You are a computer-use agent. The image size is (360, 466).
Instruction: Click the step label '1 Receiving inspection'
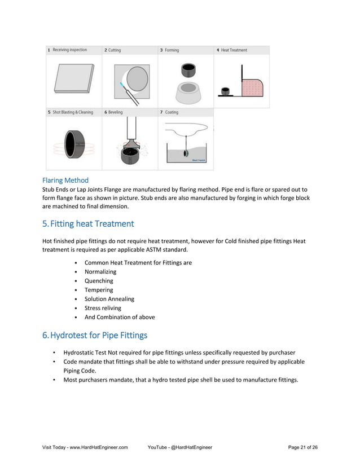67,50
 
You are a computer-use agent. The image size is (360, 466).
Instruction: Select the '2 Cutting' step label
112,50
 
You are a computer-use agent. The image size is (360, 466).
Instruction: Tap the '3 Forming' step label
169,50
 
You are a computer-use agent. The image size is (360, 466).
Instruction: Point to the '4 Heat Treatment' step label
231,50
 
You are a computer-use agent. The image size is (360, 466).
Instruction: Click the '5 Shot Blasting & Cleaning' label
69,112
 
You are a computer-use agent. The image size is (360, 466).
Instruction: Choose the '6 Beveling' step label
113,112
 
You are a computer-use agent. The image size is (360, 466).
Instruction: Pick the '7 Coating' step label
169,112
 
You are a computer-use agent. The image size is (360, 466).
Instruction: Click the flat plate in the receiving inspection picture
73,78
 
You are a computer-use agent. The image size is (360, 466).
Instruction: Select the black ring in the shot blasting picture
73,144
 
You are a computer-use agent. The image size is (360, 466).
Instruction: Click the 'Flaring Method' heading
65,181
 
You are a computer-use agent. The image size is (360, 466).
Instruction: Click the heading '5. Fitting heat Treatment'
88,223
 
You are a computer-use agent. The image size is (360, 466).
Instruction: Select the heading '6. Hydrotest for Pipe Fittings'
95,335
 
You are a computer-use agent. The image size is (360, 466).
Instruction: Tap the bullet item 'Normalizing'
100,271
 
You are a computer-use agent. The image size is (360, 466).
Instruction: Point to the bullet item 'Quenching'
99,280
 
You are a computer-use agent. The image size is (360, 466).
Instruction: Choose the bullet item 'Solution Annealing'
109,299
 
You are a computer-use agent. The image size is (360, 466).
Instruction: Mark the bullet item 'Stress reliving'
103,308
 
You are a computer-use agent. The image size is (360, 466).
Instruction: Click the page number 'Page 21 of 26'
302,447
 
